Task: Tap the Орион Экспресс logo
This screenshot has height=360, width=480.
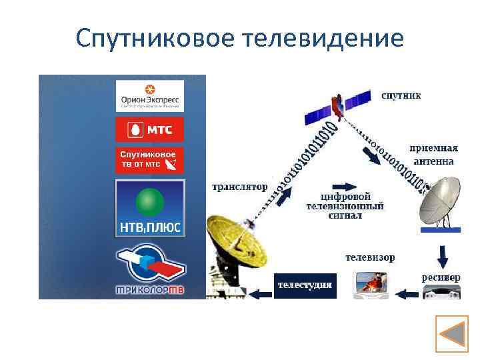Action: (x=150, y=95)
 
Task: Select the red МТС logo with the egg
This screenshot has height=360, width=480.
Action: (x=150, y=129)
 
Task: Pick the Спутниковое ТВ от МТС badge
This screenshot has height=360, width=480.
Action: (x=150, y=159)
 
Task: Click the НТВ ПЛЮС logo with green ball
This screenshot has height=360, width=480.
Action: (x=150, y=208)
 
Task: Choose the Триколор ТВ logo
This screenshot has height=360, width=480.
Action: (x=150, y=270)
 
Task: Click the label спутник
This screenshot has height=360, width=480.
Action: (x=401, y=95)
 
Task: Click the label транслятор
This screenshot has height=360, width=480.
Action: (x=240, y=187)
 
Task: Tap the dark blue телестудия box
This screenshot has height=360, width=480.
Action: (x=305, y=285)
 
